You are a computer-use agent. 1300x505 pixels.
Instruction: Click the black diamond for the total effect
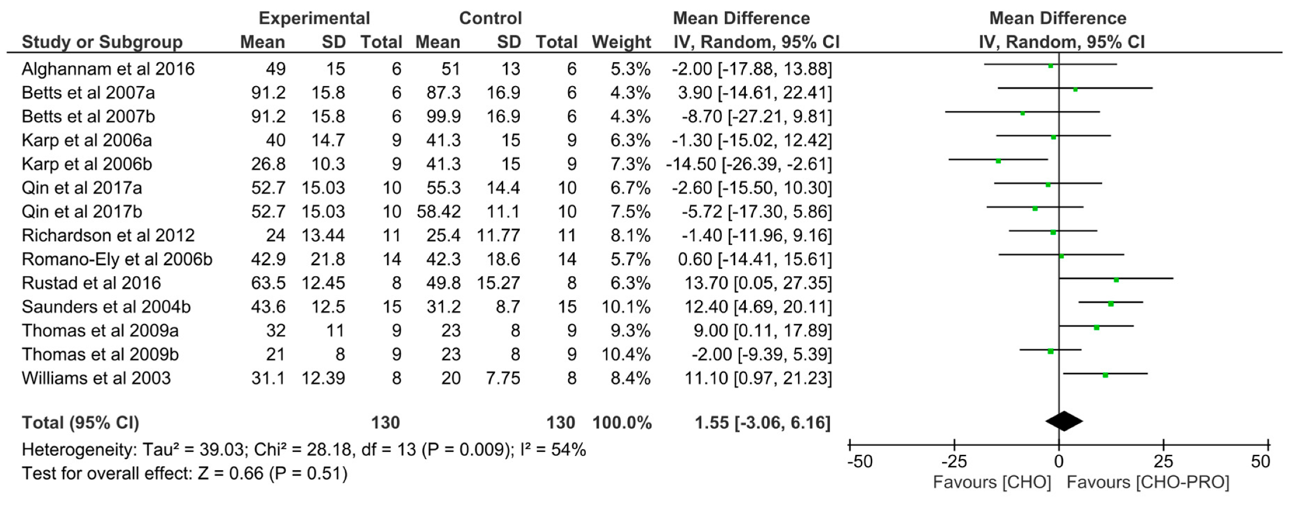[1064, 421]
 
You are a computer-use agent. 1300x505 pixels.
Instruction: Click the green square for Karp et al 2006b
[998, 161]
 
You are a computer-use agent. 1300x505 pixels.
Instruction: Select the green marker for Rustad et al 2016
[1116, 280]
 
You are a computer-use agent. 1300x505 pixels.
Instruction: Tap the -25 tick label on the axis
[954, 462]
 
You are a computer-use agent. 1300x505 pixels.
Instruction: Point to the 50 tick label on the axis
[1260, 462]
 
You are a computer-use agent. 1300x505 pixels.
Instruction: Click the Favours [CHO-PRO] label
[1147, 482]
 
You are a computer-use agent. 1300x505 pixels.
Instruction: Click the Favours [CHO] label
[991, 482]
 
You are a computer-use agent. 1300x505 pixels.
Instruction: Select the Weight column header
[621, 42]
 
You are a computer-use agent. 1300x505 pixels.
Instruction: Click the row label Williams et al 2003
[96, 378]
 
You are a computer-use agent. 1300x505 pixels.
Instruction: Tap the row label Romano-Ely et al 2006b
[117, 259]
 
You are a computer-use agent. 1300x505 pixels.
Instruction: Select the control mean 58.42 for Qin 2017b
[438, 211]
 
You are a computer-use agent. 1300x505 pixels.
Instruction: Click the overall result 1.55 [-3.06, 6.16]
[762, 423]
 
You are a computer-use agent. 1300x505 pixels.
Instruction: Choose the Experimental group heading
[314, 18]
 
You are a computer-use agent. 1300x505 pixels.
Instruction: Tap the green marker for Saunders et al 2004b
[1111, 304]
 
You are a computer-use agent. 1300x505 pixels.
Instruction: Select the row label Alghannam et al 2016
[108, 69]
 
